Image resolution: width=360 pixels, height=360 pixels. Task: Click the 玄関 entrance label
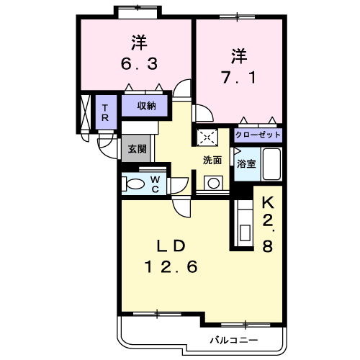point(137,149)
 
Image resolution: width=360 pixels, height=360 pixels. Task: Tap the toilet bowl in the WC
point(135,184)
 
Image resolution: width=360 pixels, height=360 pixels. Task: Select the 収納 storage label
point(147,106)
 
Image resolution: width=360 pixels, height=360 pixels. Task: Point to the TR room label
point(105,113)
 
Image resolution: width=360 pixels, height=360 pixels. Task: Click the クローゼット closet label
point(258,135)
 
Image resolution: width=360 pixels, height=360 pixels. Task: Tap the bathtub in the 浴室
point(271,164)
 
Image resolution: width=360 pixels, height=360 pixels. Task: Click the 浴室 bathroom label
point(246,163)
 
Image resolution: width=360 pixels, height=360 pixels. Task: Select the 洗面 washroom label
point(212,161)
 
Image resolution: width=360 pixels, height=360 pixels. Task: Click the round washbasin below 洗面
point(213,184)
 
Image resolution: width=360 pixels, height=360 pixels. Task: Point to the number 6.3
point(139,64)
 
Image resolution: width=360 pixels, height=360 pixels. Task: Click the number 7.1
point(239,78)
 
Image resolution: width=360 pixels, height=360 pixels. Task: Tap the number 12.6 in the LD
point(171,266)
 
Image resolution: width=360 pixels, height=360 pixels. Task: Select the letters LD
point(171,246)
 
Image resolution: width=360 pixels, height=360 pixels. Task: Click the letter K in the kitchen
point(268,203)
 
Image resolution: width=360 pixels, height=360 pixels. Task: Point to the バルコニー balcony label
point(234,340)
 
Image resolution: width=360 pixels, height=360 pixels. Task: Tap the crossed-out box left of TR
point(85,112)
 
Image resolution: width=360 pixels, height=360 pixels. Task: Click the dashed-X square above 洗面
point(207,138)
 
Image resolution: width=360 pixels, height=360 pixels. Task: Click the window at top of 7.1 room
point(237,17)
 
